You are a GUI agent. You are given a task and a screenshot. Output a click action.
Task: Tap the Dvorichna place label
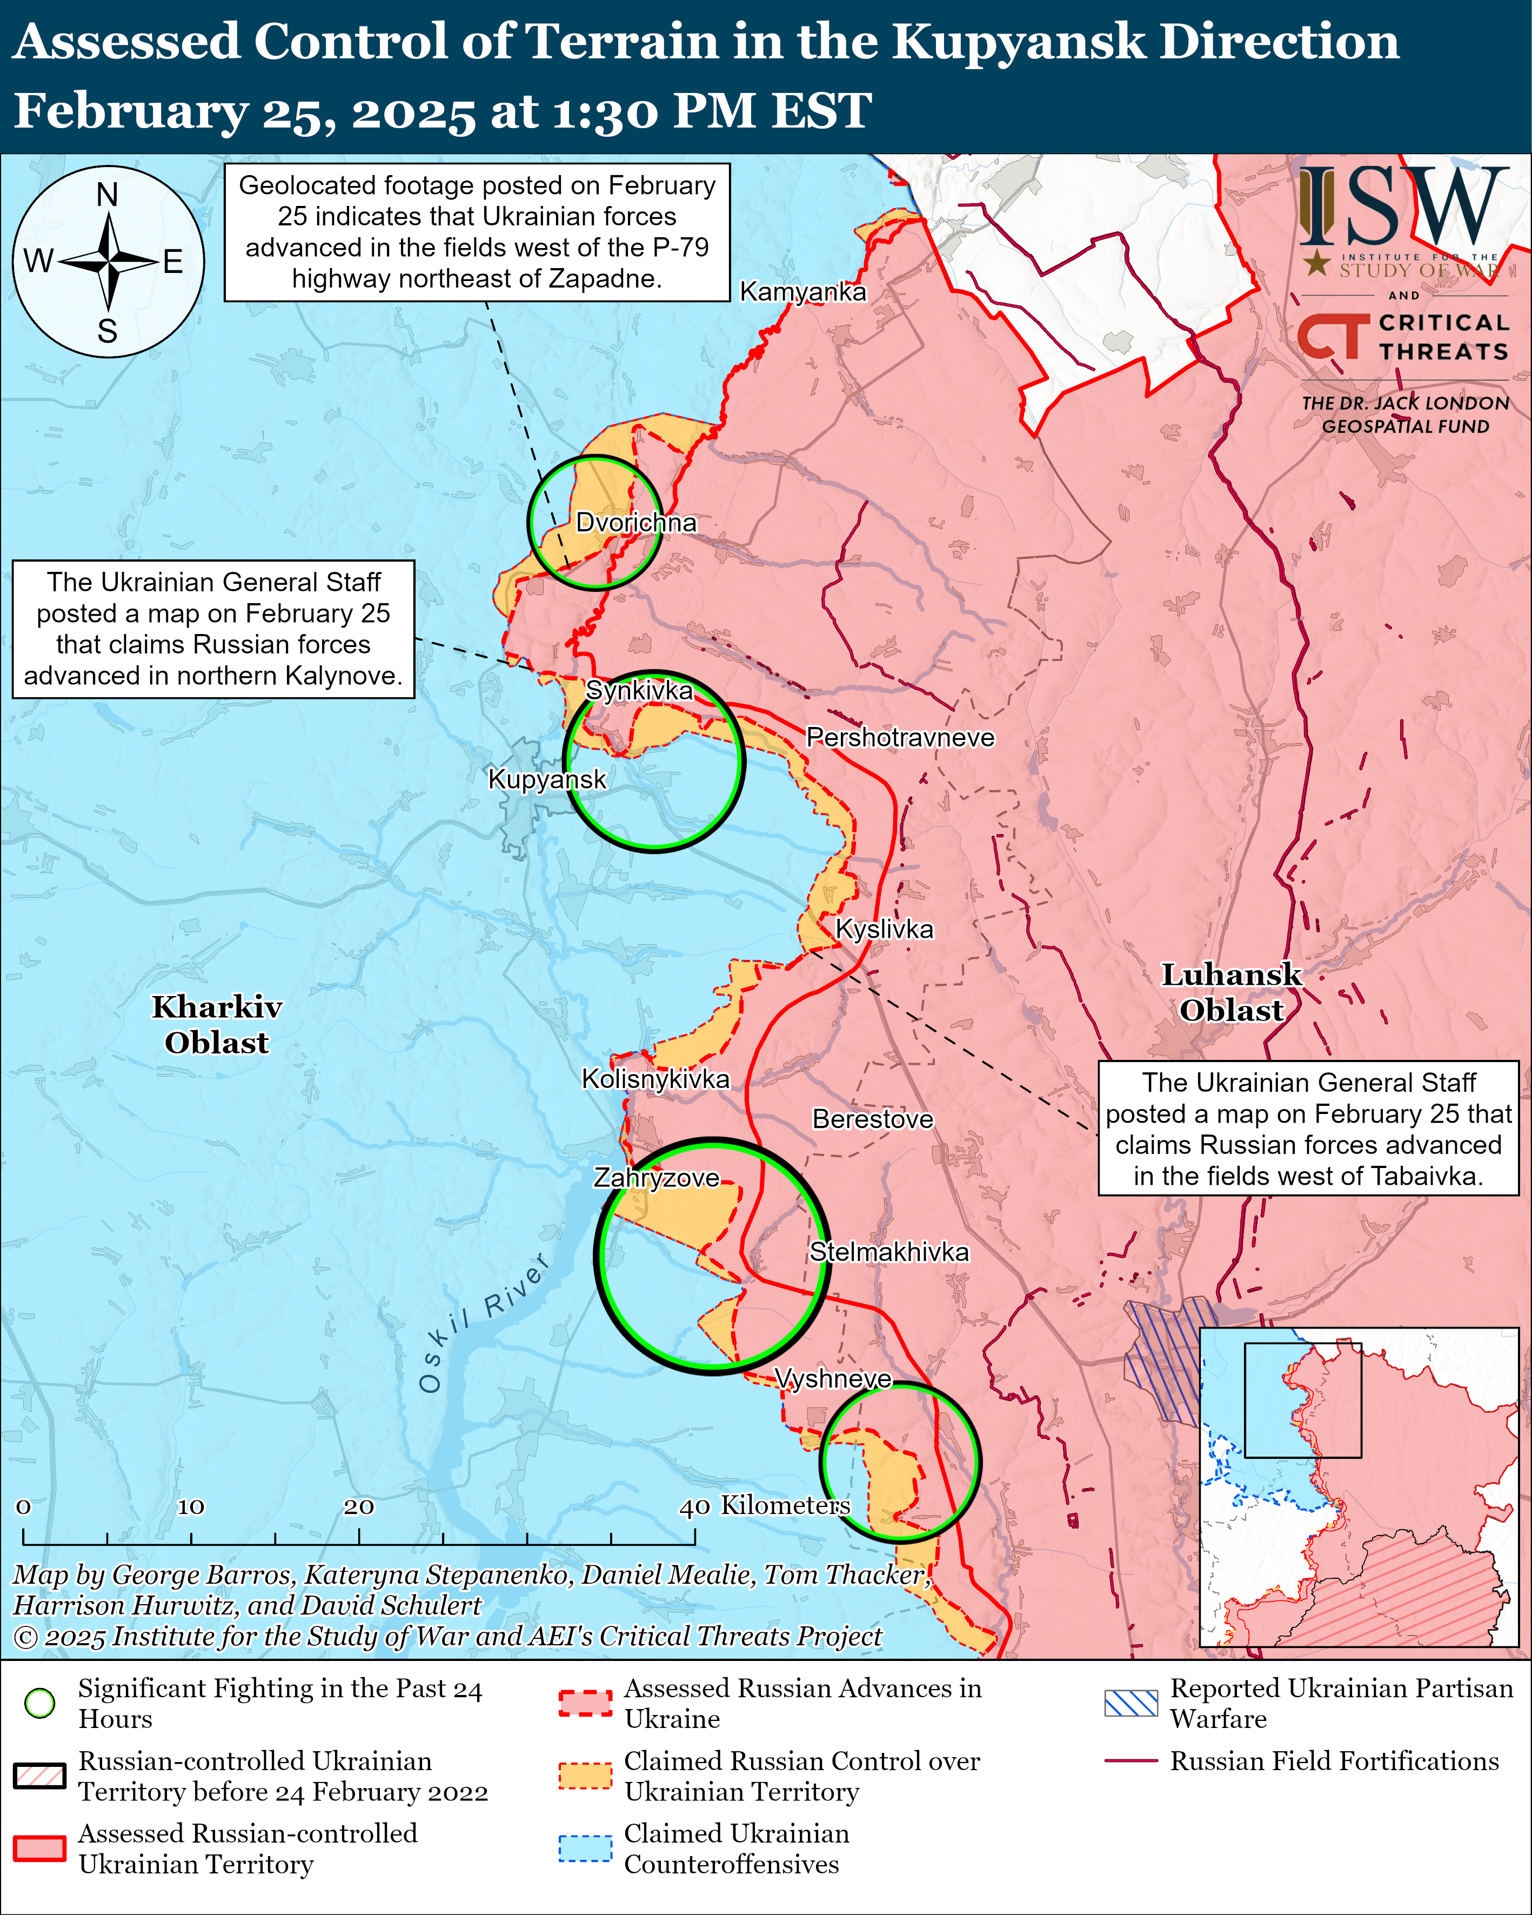point(636,522)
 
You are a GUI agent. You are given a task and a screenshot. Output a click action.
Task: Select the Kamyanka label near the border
point(803,291)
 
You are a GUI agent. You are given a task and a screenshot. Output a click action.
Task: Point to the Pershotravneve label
point(900,737)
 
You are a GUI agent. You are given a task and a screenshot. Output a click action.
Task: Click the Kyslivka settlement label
point(885,929)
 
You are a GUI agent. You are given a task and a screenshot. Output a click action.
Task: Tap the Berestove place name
point(872,1119)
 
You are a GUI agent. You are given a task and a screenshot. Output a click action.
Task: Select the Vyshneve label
point(833,1378)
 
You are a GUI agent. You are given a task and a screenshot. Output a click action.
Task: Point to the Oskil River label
point(484,1324)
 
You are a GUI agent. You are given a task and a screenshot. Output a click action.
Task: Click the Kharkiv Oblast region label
point(217,1024)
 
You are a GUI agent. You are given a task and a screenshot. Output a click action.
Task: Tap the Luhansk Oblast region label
point(1231,992)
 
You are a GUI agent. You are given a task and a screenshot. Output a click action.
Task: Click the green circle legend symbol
point(40,1703)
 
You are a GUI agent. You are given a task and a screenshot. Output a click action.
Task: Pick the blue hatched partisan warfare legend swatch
point(1130,1703)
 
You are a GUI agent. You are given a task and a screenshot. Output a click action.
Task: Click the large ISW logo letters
point(1403,206)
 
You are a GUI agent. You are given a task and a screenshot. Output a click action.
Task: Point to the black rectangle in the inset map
point(1302,1401)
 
